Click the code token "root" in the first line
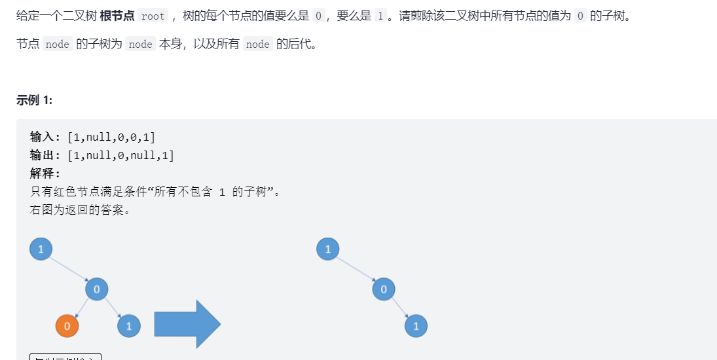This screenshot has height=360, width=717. pyautogui.click(x=153, y=16)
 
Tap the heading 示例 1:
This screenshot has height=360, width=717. pyautogui.click(x=35, y=100)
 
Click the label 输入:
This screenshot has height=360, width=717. pyautogui.click(x=46, y=137)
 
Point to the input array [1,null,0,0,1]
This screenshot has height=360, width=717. pyautogui.click(x=111, y=137)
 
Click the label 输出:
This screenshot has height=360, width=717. pyautogui.click(x=46, y=155)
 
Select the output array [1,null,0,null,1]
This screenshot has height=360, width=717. pyautogui.click(x=121, y=155)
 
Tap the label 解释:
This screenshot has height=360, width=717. pyautogui.click(x=46, y=173)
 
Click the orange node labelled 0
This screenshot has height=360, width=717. pyautogui.click(x=67, y=325)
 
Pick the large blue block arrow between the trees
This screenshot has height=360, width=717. pyautogui.click(x=187, y=324)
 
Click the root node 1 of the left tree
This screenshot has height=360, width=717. pyautogui.click(x=41, y=249)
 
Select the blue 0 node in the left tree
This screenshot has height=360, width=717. pyautogui.click(x=97, y=289)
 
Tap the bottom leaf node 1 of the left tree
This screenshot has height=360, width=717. pyautogui.click(x=129, y=325)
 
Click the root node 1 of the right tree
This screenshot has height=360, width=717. pyautogui.click(x=328, y=249)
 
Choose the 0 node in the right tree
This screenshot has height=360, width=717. pyautogui.click(x=384, y=289)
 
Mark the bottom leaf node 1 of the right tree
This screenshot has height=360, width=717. pyautogui.click(x=416, y=325)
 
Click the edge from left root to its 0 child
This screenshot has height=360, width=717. pyautogui.click(x=69, y=269)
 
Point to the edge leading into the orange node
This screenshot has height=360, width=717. pyautogui.click(x=81, y=308)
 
